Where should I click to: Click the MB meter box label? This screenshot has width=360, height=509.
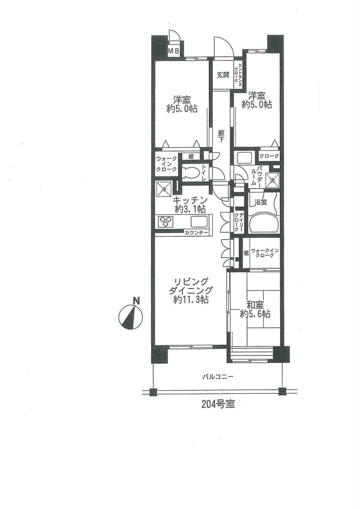[x=174, y=51]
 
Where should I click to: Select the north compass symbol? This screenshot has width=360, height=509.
[x=131, y=317]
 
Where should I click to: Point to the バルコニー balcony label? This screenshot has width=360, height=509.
[x=217, y=377]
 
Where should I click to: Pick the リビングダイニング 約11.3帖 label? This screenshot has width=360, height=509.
[x=191, y=290]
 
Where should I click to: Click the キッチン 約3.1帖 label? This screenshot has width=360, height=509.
[x=190, y=204]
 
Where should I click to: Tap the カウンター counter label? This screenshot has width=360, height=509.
[x=196, y=233]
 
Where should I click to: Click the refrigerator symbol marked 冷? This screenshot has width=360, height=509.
[x=163, y=189]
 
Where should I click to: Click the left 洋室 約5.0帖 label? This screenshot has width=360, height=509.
[x=182, y=104]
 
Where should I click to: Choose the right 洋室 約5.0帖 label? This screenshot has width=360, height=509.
[x=257, y=100]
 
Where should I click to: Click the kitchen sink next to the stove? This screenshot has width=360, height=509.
[x=198, y=221]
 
